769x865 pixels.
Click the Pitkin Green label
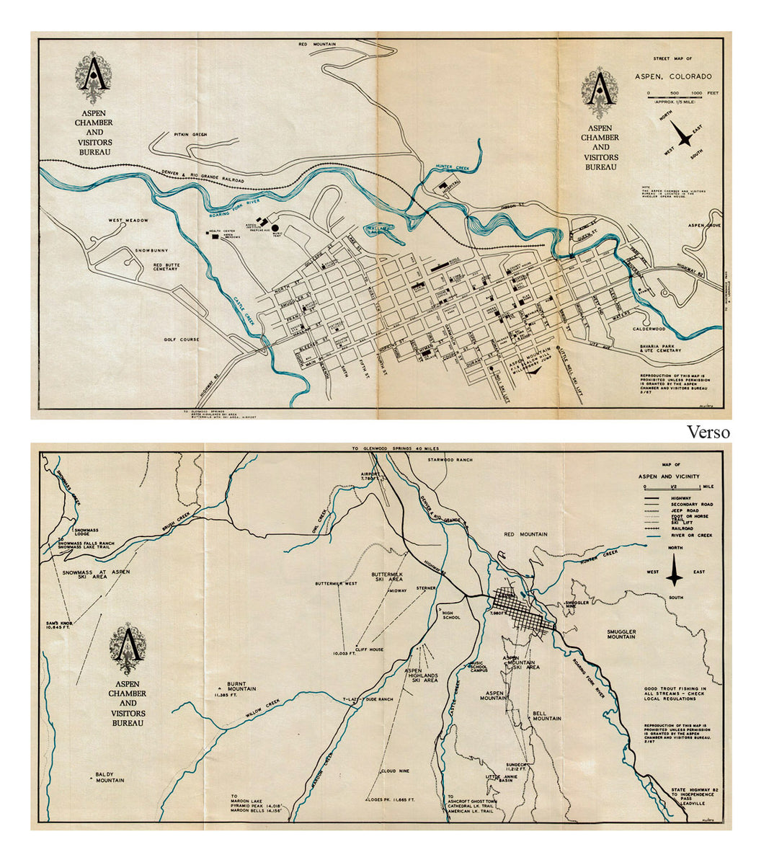[x=190, y=135]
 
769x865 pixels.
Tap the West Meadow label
[x=128, y=221]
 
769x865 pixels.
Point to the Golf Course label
[x=180, y=340]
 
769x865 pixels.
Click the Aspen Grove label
[x=704, y=226]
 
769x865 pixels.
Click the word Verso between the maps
[x=708, y=432]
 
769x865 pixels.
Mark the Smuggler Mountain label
[x=626, y=634]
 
